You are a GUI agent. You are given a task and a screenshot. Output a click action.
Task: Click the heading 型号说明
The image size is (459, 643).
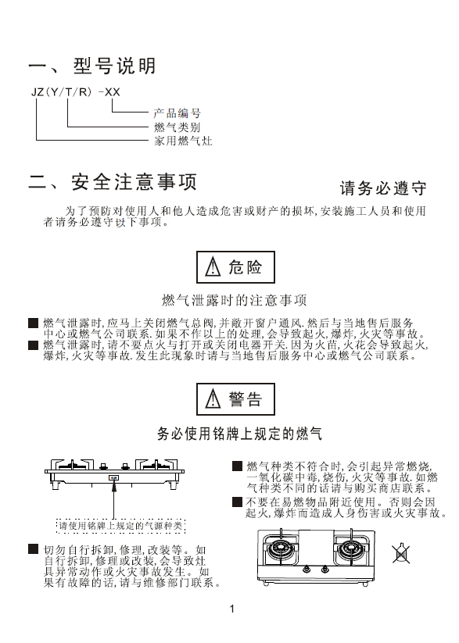[x=114, y=66]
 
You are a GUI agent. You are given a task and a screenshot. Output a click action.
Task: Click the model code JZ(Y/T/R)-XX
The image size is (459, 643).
[x=76, y=92]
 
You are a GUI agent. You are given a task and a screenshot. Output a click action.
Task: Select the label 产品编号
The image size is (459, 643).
[x=177, y=113]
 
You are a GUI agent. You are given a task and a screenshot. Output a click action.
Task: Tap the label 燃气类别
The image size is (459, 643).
[x=177, y=127]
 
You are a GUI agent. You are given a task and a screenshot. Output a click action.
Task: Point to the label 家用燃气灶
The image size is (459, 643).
[x=183, y=141]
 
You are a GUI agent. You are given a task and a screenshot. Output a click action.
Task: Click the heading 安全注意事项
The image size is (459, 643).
[x=134, y=182]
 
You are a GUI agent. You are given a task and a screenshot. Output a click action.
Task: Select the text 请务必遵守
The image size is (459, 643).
[x=383, y=188]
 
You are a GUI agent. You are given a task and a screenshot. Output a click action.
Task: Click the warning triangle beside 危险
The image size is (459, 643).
[x=213, y=267]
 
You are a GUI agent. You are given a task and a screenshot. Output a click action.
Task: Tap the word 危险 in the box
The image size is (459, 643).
[x=245, y=267]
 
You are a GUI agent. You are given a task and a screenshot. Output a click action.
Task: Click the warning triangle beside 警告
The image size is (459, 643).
[x=213, y=399]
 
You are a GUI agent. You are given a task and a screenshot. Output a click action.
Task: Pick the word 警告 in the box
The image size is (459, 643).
[x=245, y=399]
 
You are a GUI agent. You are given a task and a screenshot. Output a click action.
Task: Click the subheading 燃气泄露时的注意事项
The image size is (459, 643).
[x=235, y=300]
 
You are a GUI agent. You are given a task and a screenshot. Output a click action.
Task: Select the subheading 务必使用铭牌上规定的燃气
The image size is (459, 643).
[x=240, y=434]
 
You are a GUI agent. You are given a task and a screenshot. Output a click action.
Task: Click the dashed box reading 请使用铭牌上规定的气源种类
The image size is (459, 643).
[x=120, y=526]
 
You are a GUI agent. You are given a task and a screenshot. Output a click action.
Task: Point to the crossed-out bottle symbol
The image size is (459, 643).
[x=400, y=554]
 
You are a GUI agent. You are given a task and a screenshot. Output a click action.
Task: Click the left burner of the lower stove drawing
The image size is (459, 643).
[x=281, y=549]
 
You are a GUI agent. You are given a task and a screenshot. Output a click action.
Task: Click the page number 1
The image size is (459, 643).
[x=232, y=609]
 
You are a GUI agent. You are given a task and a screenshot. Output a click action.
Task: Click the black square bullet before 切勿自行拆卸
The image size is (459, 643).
[x=34, y=549]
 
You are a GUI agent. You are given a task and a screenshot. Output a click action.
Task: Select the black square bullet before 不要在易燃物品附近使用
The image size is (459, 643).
[x=237, y=502]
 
